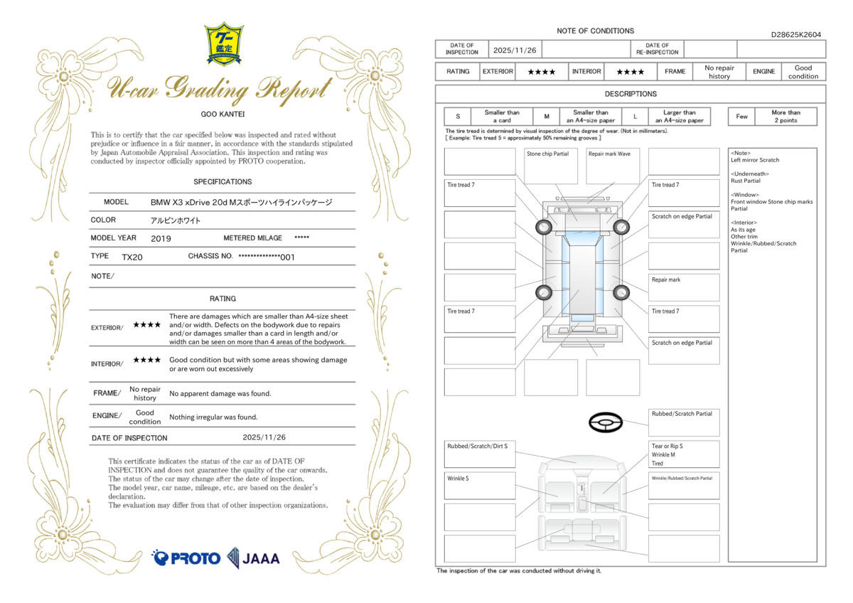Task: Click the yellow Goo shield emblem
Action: [x=224, y=44]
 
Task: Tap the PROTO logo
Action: [x=186, y=558]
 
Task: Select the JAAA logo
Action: [x=253, y=558]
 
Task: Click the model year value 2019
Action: [x=161, y=238]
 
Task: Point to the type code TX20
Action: [x=132, y=257]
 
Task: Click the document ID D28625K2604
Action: [x=796, y=35]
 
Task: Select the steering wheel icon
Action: [x=606, y=422]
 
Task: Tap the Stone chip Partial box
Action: [x=551, y=166]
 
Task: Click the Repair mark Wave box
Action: [x=613, y=166]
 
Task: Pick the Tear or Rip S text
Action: [x=667, y=446]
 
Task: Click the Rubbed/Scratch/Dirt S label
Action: [x=477, y=446]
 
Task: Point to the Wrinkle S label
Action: [x=458, y=479]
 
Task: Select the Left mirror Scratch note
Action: [x=755, y=160]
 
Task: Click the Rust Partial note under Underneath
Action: [x=745, y=181]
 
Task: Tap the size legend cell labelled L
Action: [x=635, y=117]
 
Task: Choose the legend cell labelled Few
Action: [x=741, y=117]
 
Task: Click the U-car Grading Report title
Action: [x=220, y=89]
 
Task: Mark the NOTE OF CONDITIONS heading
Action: [x=595, y=31]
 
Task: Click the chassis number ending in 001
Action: [x=267, y=257]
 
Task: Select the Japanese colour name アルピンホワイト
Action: [x=175, y=220]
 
